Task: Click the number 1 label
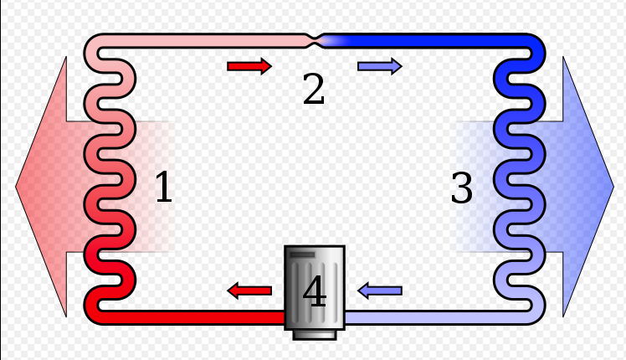tap(164, 186)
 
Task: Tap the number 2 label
tap(313, 89)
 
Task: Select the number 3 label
tap(461, 187)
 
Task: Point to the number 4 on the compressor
tap(315, 291)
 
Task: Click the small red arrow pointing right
tap(249, 66)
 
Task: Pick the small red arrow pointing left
tap(249, 291)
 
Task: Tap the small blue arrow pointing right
tap(380, 66)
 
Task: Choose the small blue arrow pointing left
tap(380, 291)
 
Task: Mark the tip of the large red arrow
tap(16, 186)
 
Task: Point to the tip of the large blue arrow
tap(613, 186)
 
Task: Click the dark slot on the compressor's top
tap(303, 255)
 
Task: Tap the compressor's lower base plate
tap(315, 335)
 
